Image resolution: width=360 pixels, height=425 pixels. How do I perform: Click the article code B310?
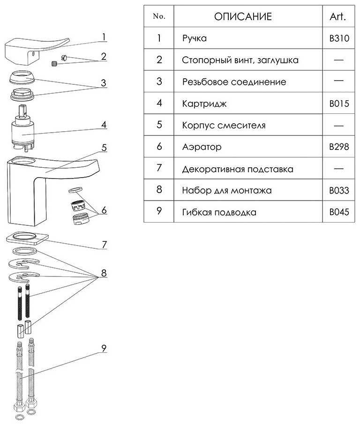[339, 38]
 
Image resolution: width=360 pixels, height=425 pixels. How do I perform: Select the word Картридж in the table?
[204, 104]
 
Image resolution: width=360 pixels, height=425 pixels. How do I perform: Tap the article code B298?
[339, 147]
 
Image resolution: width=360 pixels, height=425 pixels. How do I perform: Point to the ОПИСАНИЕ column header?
[243, 16]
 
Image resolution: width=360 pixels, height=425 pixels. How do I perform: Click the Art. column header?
[338, 16]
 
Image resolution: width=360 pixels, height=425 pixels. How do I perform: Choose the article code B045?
[339, 212]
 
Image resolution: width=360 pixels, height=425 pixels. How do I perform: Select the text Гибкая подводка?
[219, 212]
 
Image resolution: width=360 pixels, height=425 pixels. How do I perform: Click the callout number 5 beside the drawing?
[105, 148]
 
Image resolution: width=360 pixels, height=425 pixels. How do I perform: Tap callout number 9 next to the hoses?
[104, 348]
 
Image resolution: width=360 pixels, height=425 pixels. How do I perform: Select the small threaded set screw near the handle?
[54, 64]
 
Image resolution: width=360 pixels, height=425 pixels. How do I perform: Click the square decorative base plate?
[27, 238]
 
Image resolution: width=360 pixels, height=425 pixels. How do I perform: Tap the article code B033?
[339, 190]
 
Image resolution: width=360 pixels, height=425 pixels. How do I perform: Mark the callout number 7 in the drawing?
[105, 245]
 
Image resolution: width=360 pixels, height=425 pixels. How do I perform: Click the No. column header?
[159, 16]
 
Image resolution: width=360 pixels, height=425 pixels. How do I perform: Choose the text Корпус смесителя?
[224, 125]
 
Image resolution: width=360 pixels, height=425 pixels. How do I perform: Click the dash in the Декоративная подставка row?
[338, 169]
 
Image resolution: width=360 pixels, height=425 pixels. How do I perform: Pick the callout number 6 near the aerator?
[104, 210]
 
